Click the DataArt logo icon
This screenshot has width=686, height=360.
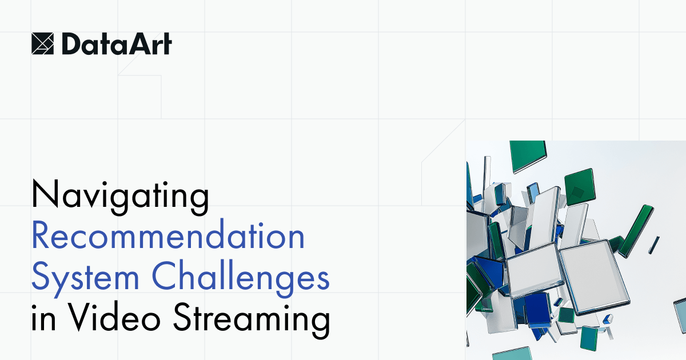(x=42, y=43)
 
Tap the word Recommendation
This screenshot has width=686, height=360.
(x=168, y=237)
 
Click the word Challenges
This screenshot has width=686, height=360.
(x=241, y=278)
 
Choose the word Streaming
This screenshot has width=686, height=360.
(x=252, y=320)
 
